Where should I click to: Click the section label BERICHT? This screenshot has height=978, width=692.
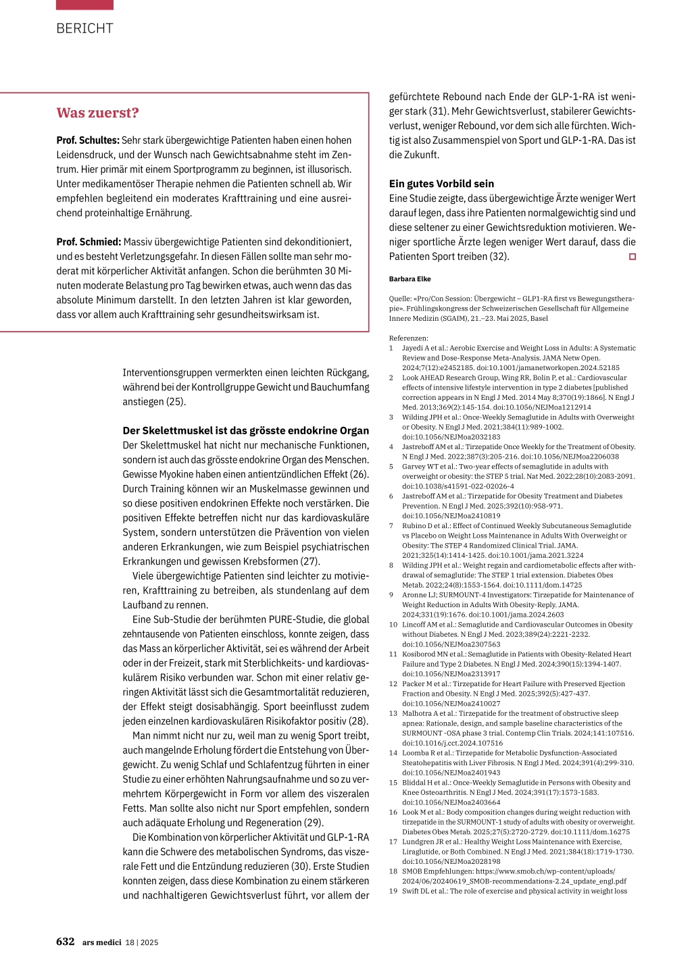[84, 28]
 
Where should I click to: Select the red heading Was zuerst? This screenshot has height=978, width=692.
[97, 113]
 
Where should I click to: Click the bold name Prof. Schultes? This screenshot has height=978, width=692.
[88, 140]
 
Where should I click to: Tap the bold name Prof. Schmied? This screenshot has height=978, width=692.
[89, 242]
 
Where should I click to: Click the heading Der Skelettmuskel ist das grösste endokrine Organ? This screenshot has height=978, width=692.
[245, 431]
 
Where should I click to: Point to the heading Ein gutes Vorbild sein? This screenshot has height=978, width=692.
[441, 184]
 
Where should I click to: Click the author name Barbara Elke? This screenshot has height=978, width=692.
[410, 279]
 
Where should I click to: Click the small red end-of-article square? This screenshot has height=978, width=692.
[632, 257]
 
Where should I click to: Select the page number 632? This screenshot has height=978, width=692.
[66, 942]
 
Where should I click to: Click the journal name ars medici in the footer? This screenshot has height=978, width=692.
[102, 942]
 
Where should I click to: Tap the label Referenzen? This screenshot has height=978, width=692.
[408, 338]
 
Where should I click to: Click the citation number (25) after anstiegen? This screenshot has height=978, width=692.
[176, 402]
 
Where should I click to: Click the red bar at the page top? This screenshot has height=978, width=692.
[84, 5]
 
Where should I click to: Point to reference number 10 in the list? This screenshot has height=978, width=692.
[393, 625]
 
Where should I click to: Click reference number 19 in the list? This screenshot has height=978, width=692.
[393, 891]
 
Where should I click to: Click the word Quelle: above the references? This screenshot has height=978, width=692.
[400, 299]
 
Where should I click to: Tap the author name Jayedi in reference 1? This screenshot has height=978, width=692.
[414, 349]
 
